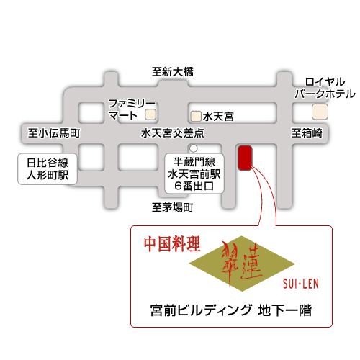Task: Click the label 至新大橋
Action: click(173, 71)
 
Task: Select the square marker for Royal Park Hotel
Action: click(319, 112)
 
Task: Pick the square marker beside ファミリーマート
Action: click(150, 114)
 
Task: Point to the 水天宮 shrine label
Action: click(218, 115)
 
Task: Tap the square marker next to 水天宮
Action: click(196, 115)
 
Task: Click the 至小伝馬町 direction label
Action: click(54, 133)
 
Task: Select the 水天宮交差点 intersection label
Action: click(173, 133)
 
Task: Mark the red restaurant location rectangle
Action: click(245, 158)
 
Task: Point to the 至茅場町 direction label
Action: click(173, 208)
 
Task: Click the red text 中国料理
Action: click(171, 243)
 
